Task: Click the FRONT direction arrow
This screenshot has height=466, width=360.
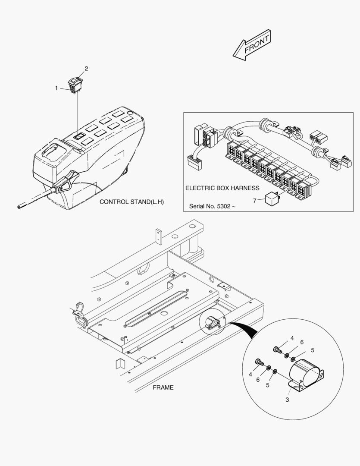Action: pos(252,45)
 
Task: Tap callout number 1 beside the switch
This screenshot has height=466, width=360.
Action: pos(56,88)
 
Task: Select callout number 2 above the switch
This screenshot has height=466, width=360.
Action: pos(86,69)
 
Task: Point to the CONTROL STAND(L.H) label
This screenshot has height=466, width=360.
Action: pos(132,202)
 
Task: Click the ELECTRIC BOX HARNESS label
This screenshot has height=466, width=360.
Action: pos(222,188)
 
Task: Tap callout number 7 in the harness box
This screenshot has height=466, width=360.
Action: pos(254,201)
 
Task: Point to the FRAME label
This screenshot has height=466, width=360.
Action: pos(163,387)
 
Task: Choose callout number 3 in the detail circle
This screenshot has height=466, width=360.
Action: pos(287,400)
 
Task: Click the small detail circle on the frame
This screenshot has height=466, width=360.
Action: pos(213,322)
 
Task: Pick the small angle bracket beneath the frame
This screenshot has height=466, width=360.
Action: pos(119,363)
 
